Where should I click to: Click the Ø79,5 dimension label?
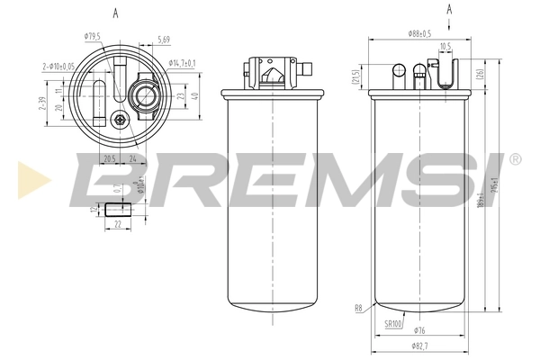[x=92, y=36]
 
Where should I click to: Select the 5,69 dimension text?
[x=164, y=40]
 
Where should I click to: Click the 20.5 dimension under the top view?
[x=110, y=158]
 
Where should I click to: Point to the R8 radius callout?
[x=358, y=308]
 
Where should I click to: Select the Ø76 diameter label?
[x=418, y=329]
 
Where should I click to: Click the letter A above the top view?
[x=116, y=13]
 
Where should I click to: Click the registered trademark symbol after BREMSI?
[x=514, y=159]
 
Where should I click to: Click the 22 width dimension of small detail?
[x=118, y=224]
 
